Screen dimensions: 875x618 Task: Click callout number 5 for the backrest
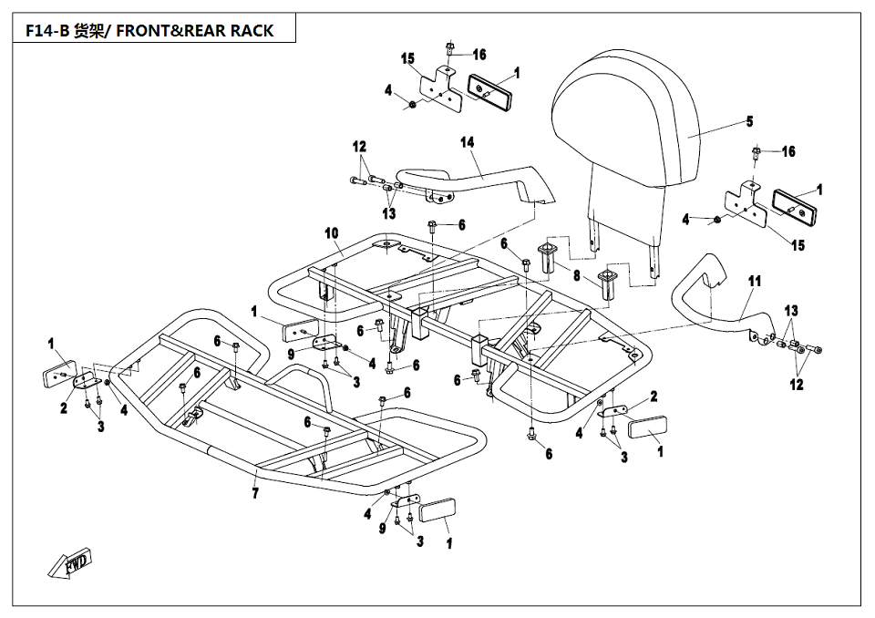[749, 121]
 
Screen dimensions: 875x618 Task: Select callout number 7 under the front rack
[255, 493]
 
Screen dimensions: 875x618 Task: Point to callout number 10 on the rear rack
[332, 232]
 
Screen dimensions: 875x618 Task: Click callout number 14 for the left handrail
[467, 142]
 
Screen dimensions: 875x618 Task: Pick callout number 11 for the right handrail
[755, 282]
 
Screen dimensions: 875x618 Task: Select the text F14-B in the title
[46, 30]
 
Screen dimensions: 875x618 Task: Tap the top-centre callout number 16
[479, 54]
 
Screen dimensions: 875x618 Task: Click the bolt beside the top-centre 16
[448, 48]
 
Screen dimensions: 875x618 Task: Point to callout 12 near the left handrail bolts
[359, 146]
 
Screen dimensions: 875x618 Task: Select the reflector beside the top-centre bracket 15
[490, 92]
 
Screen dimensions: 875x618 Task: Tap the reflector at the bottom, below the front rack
[437, 510]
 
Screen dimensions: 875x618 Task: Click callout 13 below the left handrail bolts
[389, 213]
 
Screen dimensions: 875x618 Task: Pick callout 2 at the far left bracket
[64, 408]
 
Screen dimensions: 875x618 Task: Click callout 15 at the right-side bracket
[798, 244]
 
